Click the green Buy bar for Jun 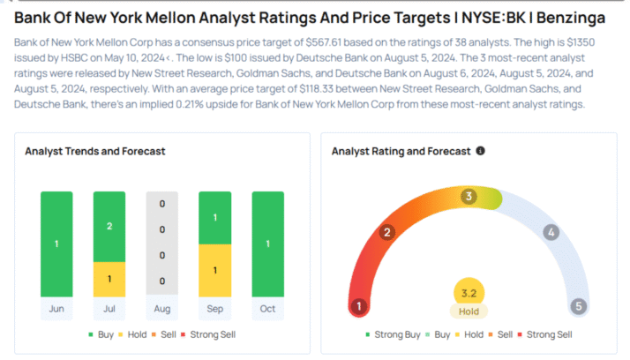coord(56,244)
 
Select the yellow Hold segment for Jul coord(109,278)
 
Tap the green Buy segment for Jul coord(109,226)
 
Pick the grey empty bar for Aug coord(162,244)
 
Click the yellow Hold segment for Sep coord(214,269)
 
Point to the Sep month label coord(214,308)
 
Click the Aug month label coord(162,308)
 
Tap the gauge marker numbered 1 coord(359,307)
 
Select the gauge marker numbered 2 coord(386,233)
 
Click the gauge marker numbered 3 coord(469,196)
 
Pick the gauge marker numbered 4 coord(551,233)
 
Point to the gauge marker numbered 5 coord(579,307)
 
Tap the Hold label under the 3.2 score coord(469,311)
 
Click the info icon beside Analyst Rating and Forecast coord(480,151)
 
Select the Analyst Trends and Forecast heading coord(95,151)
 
